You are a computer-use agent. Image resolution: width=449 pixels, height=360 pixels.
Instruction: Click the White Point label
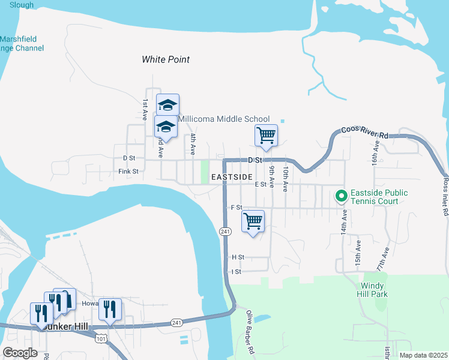tap(166, 59)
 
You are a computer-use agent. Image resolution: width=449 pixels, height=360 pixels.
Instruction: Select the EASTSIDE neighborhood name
tap(231, 177)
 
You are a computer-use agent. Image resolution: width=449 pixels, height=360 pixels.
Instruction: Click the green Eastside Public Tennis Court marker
tap(342, 196)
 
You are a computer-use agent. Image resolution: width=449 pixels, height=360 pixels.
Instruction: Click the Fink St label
tap(128, 171)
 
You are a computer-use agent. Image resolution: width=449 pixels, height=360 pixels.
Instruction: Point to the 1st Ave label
tap(145, 110)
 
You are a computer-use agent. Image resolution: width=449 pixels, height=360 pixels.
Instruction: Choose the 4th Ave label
tap(193, 145)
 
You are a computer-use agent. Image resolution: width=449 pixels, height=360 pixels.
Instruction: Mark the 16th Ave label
tap(375, 153)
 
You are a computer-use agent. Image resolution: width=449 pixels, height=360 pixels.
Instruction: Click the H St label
tap(238, 257)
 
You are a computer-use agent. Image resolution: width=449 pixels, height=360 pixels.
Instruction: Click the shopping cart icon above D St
tap(266, 135)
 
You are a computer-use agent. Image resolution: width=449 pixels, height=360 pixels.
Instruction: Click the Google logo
tap(20, 353)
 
